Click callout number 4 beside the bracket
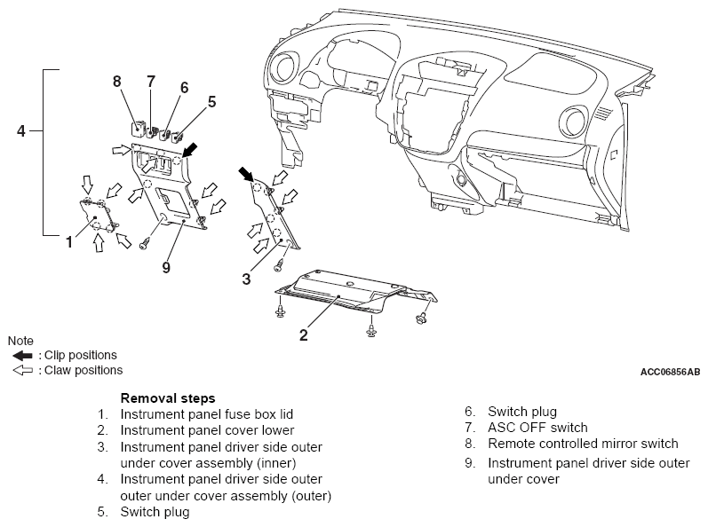pos(21,131)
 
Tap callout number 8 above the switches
pos(117,81)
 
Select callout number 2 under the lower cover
pos(304,335)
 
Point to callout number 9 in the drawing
pos(166,267)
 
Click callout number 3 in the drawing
pos(246,279)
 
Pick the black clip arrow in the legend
pos(22,356)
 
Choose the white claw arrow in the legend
pos(22,371)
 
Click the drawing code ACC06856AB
pos(670,372)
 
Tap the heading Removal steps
pos(168,398)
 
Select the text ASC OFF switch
pos(537,428)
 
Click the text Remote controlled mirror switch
pos(583,444)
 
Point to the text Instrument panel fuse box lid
pos(207,414)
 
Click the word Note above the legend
pos(20,341)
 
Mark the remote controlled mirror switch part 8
pos(138,128)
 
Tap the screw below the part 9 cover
pos(145,244)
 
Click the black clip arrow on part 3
pos(246,174)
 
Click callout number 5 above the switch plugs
pos(211,102)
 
